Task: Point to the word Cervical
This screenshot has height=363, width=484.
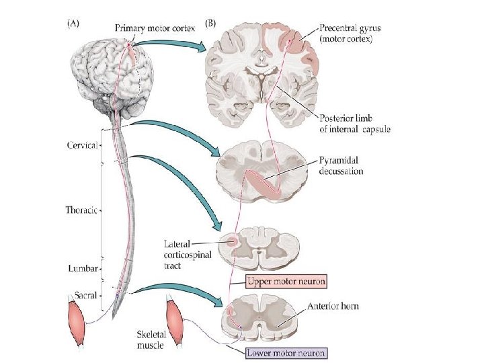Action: [83, 145]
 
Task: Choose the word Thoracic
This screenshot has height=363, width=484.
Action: [82, 210]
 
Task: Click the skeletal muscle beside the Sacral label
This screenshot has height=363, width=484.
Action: [79, 323]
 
